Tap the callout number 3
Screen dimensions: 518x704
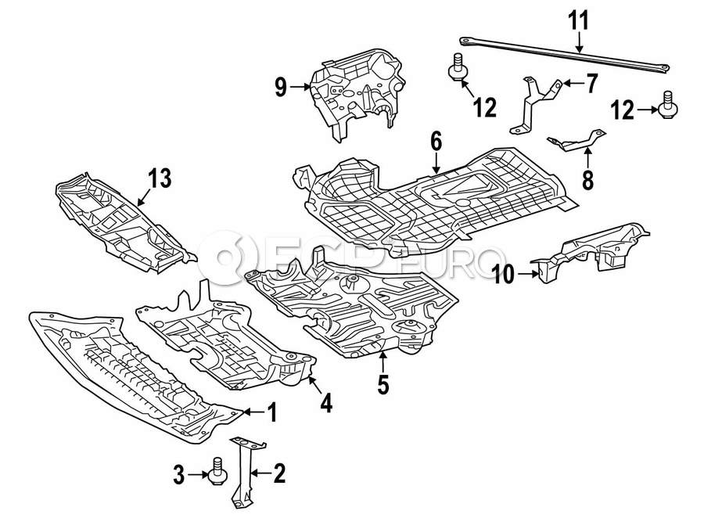(178, 473)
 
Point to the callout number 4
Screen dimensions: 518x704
(325, 403)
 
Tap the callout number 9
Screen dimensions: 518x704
(281, 88)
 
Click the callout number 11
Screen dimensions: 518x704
(577, 19)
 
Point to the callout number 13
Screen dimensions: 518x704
(159, 179)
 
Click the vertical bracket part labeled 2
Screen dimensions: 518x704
(242, 469)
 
